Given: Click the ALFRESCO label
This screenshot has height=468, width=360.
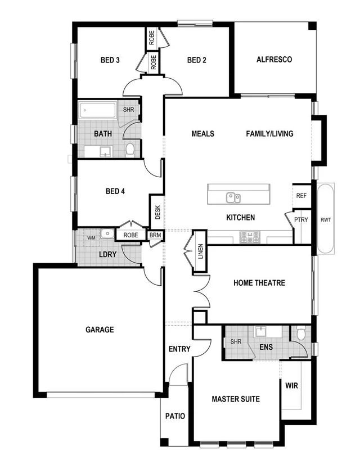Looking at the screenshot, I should pyautogui.click(x=274, y=60).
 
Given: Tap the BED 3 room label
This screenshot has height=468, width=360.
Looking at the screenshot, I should pyautogui.click(x=110, y=60).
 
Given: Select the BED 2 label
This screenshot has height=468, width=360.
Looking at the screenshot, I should pyautogui.click(x=197, y=60).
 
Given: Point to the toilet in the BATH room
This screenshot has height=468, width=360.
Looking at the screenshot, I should pyautogui.click(x=130, y=150).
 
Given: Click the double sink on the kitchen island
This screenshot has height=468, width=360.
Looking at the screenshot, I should pyautogui.click(x=233, y=197).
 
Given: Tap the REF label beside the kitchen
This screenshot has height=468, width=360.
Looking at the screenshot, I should pyautogui.click(x=301, y=196).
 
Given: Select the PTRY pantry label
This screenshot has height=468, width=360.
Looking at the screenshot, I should pyautogui.click(x=301, y=220).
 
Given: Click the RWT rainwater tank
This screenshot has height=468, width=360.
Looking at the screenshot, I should pyautogui.click(x=326, y=219).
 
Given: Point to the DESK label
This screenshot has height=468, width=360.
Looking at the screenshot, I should pyautogui.click(x=157, y=212).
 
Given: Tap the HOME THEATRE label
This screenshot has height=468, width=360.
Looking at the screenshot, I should pyautogui.click(x=259, y=283).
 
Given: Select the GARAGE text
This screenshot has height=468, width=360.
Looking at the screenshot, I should pyautogui.click(x=100, y=330).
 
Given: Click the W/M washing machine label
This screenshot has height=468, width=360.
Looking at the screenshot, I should pyautogui.click(x=91, y=238).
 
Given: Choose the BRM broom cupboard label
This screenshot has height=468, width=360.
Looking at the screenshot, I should pyautogui.click(x=155, y=236).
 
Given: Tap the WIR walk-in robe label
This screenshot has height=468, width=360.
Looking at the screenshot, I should pyautogui.click(x=291, y=386).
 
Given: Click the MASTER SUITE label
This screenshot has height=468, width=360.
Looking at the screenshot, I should pyautogui.click(x=236, y=399).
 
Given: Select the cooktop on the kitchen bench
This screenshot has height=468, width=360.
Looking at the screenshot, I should pyautogui.click(x=250, y=237).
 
